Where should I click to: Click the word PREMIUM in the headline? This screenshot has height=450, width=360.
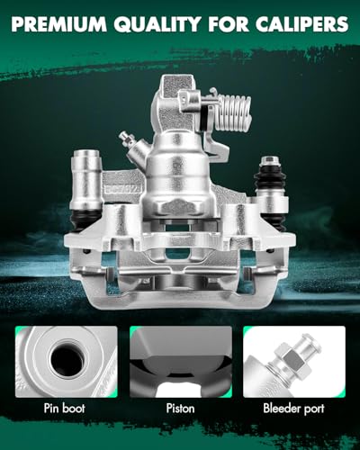[58, 24]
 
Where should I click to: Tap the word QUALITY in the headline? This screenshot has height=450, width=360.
[157, 24]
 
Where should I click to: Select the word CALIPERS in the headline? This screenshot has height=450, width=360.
[301, 24]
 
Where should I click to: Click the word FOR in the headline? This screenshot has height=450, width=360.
[229, 24]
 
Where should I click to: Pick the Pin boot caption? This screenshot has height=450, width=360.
[65, 409]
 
